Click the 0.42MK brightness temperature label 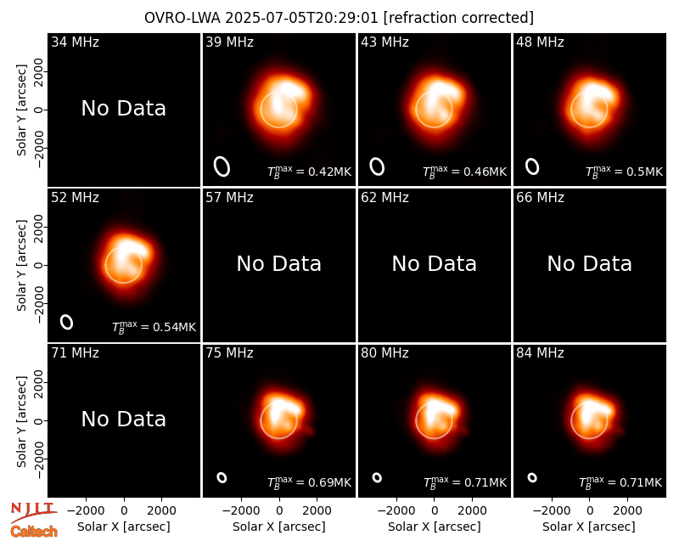pyautogui.click(x=309, y=172)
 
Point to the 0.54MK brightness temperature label pyautogui.click(x=154, y=327)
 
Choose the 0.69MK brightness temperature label pyautogui.click(x=309, y=482)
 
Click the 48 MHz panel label pyautogui.click(x=540, y=42)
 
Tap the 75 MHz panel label pyautogui.click(x=229, y=352)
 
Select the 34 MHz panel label pyautogui.click(x=75, y=42)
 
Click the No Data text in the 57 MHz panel pyautogui.click(x=279, y=263)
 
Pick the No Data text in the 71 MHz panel pyautogui.click(x=124, y=419)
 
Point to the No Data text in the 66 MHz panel pyautogui.click(x=589, y=263)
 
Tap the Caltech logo pyautogui.click(x=34, y=532)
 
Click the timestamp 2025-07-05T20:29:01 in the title pyautogui.click(x=302, y=18)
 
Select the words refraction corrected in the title pyautogui.click(x=458, y=18)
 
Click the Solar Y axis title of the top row pyautogui.click(x=21, y=110)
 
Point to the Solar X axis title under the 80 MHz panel pyautogui.click(x=435, y=527)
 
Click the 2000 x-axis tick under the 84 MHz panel pyautogui.click(x=627, y=510)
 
